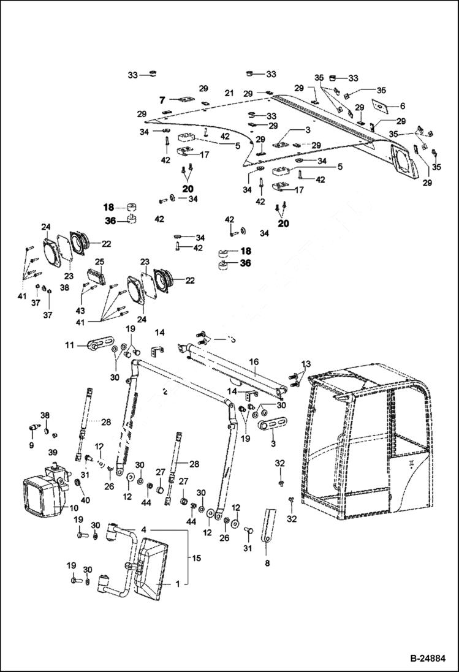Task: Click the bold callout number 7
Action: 163,99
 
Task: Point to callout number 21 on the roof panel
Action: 229,92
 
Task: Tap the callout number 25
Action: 99,262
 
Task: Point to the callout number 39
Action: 53,451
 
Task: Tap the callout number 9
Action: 31,445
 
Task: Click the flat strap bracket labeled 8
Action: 268,524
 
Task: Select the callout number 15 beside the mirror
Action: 197,558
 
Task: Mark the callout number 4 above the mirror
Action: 143,529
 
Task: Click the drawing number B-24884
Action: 427,659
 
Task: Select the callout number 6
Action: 402,106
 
